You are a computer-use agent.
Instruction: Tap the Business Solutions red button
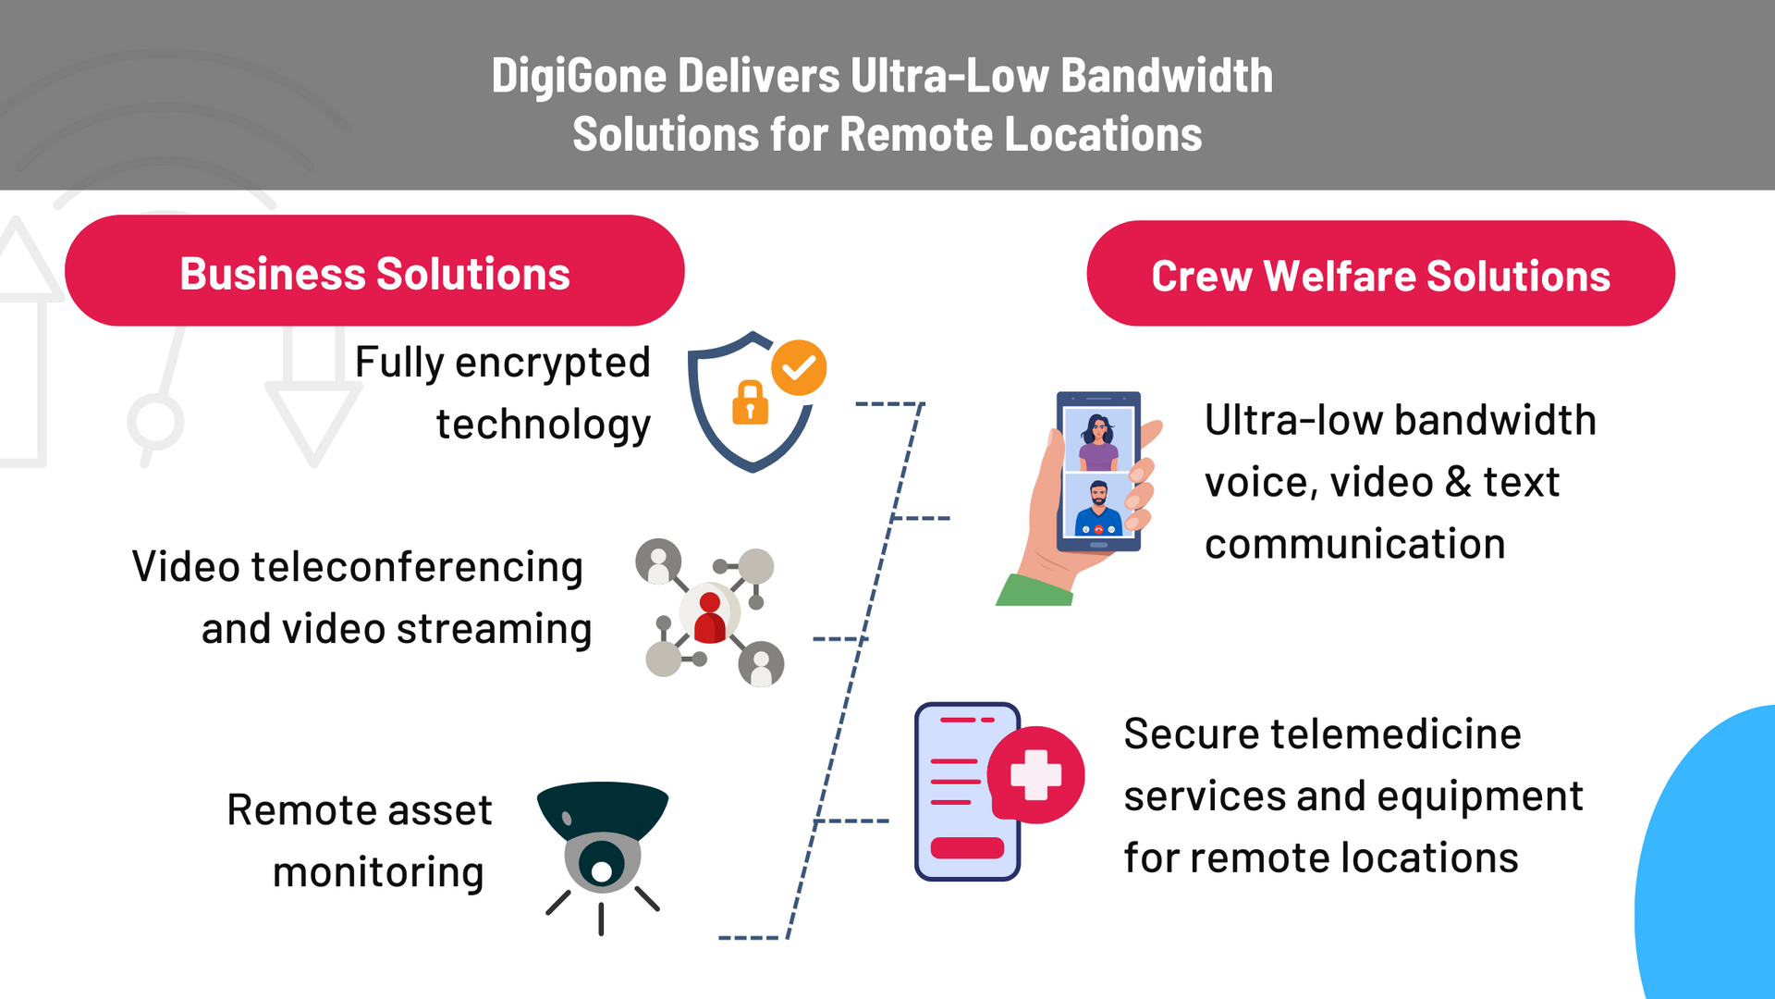(374, 271)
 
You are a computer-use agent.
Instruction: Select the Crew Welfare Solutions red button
(1380, 274)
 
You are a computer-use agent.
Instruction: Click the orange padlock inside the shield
(750, 403)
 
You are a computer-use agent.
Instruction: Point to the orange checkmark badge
(799, 367)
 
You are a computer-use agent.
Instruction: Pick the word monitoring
(378, 872)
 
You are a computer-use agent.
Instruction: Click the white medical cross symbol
(1035, 775)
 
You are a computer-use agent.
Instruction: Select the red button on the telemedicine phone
(967, 847)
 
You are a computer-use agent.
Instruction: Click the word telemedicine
(1396, 734)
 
